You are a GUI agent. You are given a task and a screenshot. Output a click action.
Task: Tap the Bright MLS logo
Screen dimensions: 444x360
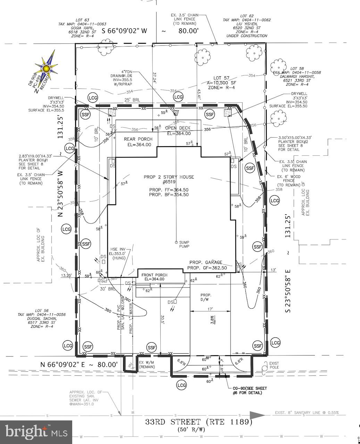(x=36, y=432)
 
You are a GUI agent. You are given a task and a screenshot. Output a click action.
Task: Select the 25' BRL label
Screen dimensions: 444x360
(x=132, y=100)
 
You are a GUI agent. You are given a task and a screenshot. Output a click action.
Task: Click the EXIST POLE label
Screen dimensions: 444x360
(x=274, y=366)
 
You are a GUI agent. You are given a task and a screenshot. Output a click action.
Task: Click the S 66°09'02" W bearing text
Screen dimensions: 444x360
(x=125, y=31)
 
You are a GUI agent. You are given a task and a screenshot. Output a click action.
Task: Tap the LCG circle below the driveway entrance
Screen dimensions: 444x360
(x=181, y=385)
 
